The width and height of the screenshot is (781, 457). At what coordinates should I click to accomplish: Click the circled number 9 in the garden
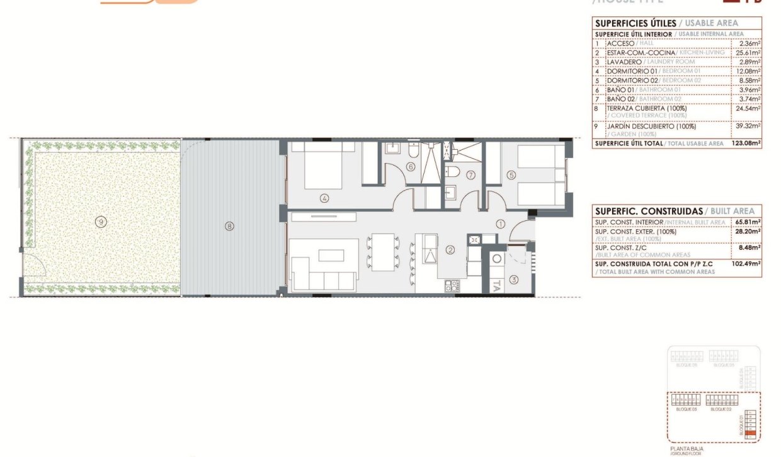click(x=100, y=221)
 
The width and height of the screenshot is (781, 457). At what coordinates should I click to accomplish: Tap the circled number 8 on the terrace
click(x=229, y=225)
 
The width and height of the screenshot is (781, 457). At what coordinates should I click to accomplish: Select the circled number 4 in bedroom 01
click(x=324, y=198)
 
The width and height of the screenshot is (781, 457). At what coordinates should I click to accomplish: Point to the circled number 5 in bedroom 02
click(x=511, y=175)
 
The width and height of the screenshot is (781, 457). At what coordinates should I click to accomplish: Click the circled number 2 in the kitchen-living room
click(x=450, y=250)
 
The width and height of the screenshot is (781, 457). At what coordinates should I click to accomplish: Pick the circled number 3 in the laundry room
click(x=513, y=280)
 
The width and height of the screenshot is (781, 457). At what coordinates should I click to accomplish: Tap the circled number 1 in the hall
click(x=500, y=223)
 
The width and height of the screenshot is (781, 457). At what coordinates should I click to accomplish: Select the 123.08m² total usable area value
click(x=746, y=144)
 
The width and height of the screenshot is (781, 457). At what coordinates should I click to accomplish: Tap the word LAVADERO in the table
click(x=624, y=62)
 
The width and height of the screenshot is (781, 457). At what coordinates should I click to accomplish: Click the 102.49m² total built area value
click(x=748, y=264)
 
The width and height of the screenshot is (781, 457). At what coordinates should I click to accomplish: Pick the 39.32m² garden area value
click(x=747, y=126)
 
